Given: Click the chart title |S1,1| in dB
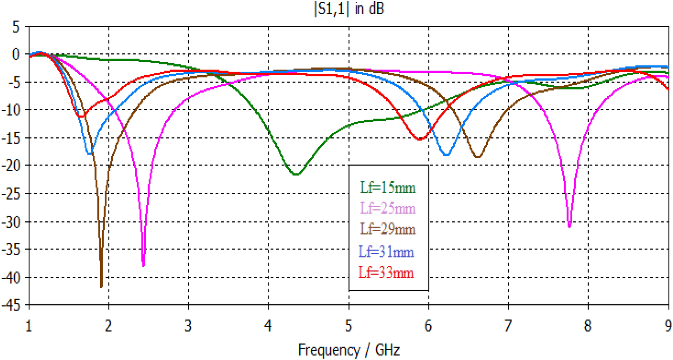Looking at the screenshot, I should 348,9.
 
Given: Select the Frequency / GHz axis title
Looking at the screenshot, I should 348,350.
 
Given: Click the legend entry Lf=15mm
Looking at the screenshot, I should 388,188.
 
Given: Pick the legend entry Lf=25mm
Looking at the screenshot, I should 388,208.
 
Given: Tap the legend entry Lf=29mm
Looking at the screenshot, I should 388,229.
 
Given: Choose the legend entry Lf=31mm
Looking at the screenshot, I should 386,252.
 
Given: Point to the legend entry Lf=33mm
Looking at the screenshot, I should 386,273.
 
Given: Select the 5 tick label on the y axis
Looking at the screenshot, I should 16,27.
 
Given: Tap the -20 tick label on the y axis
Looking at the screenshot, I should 11,166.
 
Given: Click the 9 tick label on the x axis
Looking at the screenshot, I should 668,326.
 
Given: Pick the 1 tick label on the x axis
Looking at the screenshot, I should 29,326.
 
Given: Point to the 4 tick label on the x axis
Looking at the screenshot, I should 268,326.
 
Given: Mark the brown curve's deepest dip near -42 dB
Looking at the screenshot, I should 101,287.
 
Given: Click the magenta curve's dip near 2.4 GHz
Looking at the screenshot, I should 144,265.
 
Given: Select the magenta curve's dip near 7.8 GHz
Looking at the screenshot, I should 569,227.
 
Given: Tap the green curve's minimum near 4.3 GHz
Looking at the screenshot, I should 296,175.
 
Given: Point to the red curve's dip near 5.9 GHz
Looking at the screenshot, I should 420,139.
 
